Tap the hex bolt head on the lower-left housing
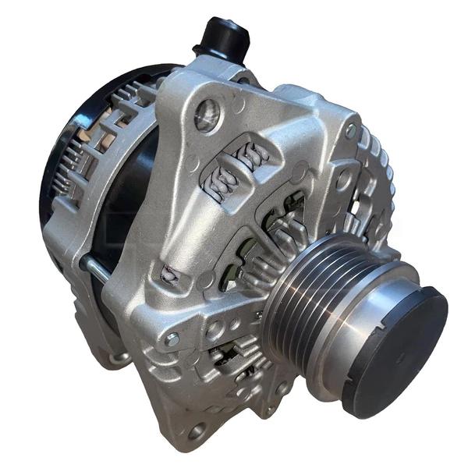point(172,339)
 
